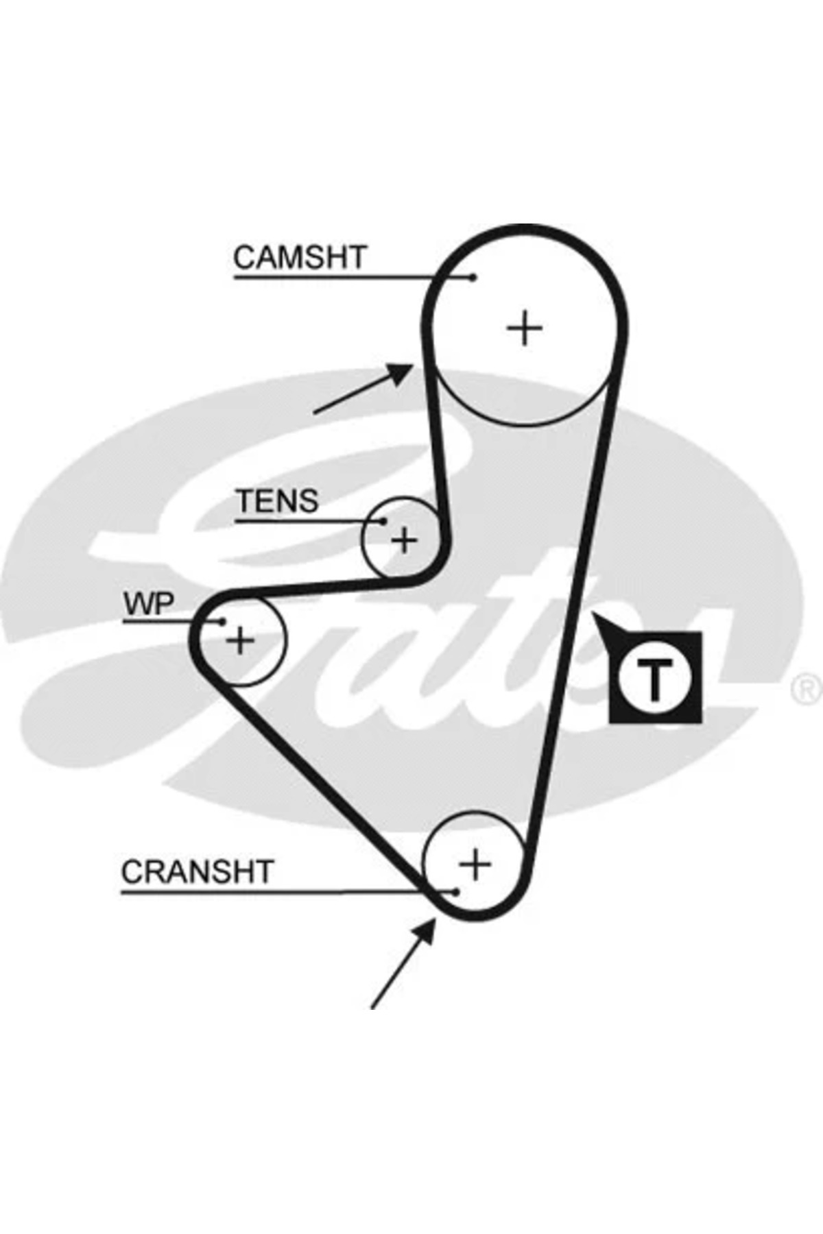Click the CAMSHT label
(x=300, y=258)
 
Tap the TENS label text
(x=277, y=501)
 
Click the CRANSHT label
(x=197, y=872)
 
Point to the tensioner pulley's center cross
(x=404, y=540)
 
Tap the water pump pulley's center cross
(x=240, y=641)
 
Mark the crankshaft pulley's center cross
(x=475, y=864)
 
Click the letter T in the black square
(x=655, y=678)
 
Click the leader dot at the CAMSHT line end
(x=473, y=278)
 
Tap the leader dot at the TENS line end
(x=383, y=522)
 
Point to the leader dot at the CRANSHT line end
(x=455, y=892)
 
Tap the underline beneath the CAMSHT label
(x=343, y=278)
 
